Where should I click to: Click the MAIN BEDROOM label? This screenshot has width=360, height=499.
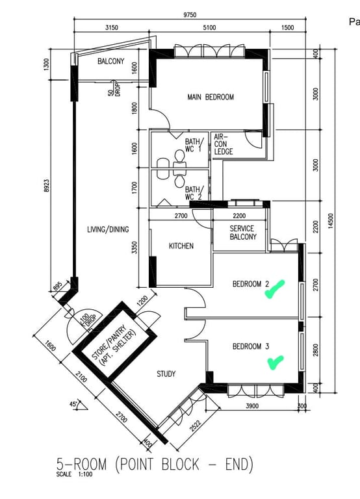coord(211,97)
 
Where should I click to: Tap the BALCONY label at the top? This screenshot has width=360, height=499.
coord(110,61)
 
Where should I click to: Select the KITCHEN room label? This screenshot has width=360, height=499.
coord(181,246)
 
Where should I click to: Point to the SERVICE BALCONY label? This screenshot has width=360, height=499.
coord(243,233)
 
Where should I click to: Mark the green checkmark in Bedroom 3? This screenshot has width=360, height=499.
coord(276,363)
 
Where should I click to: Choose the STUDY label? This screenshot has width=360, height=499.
coord(166,374)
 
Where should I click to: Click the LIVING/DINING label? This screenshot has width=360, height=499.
coord(108,229)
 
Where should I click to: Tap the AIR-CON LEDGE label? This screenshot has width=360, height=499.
coord(223,144)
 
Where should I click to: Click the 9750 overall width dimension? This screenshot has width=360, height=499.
coord(190,15)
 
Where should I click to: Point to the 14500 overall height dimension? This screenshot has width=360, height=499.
coord(331,220)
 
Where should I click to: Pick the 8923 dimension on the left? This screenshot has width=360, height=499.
coord(47,186)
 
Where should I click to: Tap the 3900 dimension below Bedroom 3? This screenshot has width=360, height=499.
coord(252,405)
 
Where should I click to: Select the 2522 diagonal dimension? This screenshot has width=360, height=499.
coord(195,426)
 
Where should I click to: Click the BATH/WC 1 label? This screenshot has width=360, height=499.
coord(193,145)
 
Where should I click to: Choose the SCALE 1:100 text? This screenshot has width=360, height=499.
coord(74,474)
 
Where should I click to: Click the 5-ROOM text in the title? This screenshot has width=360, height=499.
coord(81,464)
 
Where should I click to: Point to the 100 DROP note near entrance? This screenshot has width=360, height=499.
coord(86,319)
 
